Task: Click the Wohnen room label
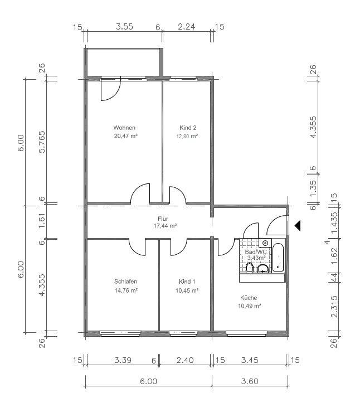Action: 124,128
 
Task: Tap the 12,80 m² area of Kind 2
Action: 187,136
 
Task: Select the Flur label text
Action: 163,219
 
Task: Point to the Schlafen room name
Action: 125,282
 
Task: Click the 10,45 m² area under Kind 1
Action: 187,290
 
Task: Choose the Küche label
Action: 249,298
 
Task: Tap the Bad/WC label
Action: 255,252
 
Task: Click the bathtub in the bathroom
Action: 278,258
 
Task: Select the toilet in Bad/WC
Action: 250,268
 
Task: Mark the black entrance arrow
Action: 298,226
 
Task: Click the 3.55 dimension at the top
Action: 124,27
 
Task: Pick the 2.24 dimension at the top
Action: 187,27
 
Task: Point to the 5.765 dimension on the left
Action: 42,142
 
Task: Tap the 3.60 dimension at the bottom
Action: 250,381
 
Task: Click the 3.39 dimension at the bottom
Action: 123,360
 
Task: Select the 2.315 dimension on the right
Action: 334,307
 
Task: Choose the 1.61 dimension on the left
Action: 42,221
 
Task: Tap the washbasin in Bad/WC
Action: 262,269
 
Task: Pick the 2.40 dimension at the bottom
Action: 185,360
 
